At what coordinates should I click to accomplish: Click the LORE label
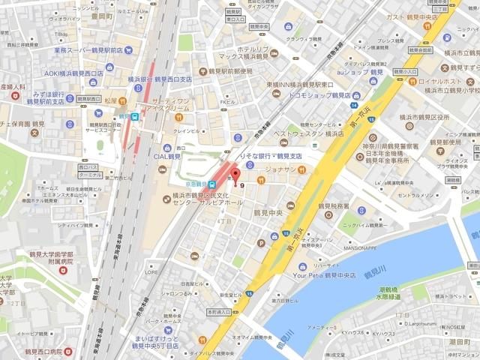pyautogui.click(x=151, y=273)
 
